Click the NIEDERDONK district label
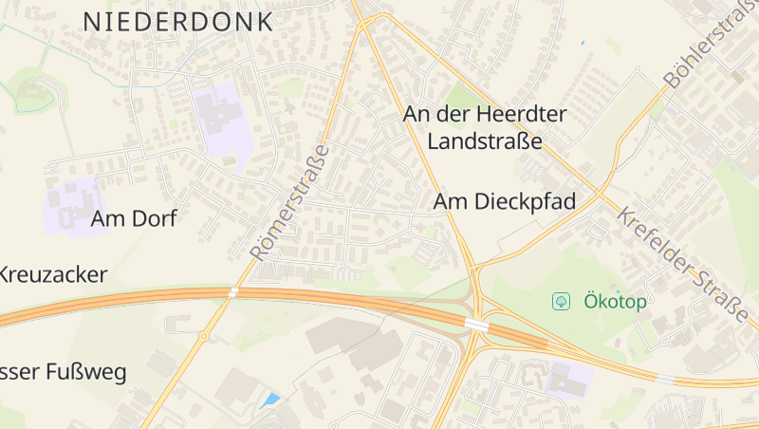point(178,21)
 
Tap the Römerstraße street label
point(290,202)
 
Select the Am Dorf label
point(134,218)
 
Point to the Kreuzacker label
point(53,275)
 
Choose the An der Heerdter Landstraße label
point(485,128)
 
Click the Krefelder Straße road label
point(682,262)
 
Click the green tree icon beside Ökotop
point(562,302)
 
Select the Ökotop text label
point(615,302)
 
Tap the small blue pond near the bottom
point(270,401)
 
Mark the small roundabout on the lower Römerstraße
point(203,336)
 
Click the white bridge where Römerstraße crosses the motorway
point(232,292)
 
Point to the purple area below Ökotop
point(570,377)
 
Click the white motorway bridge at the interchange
point(476,325)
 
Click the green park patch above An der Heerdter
point(463,96)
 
